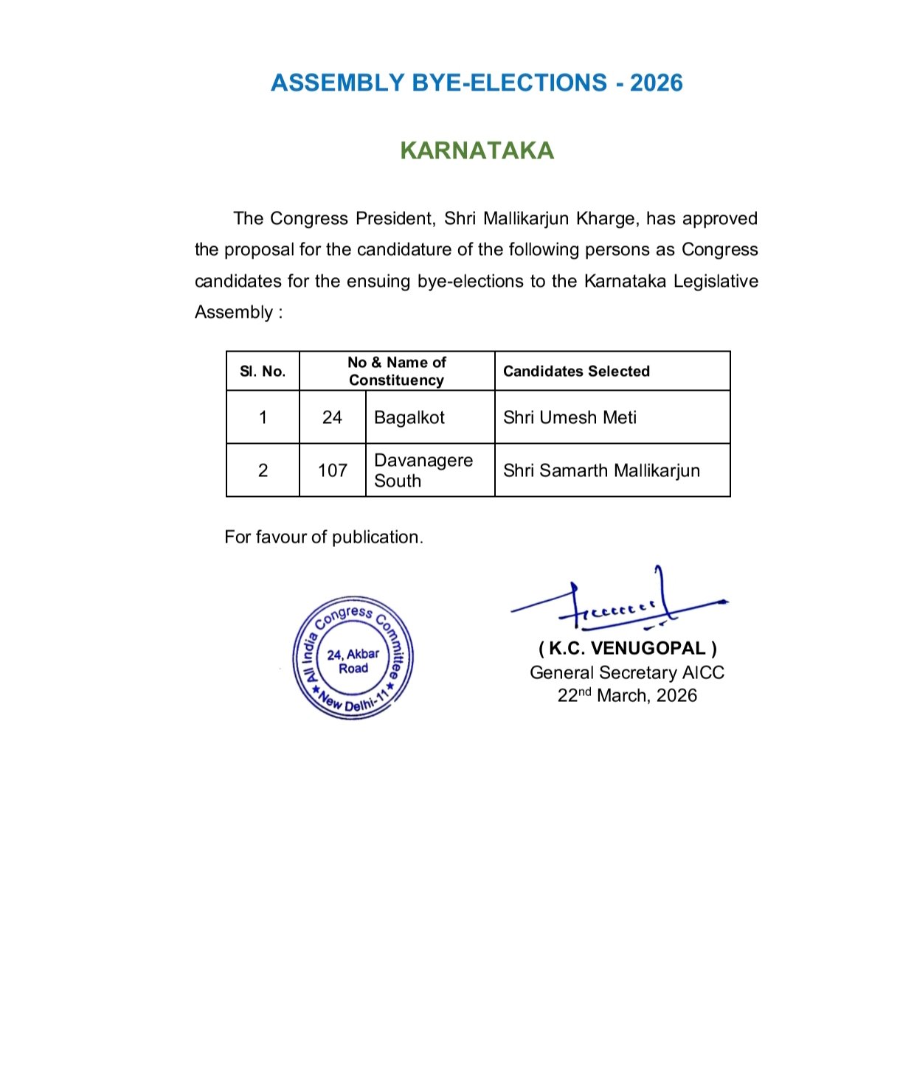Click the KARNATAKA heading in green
click(477, 150)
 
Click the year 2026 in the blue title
click(656, 83)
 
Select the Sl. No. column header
click(263, 372)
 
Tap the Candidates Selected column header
click(576, 372)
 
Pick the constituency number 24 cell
click(332, 418)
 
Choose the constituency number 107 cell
click(332, 471)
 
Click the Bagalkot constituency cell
click(409, 418)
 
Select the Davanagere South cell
click(423, 470)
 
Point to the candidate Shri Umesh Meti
click(570, 418)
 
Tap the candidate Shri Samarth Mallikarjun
click(601, 471)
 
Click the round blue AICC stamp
click(353, 658)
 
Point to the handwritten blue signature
click(620, 604)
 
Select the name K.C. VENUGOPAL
click(627, 649)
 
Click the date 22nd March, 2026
click(627, 695)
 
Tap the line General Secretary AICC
click(627, 672)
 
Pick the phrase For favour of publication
click(323, 537)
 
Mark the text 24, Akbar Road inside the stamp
click(353, 661)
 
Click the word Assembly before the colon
click(234, 313)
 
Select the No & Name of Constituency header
click(397, 372)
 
